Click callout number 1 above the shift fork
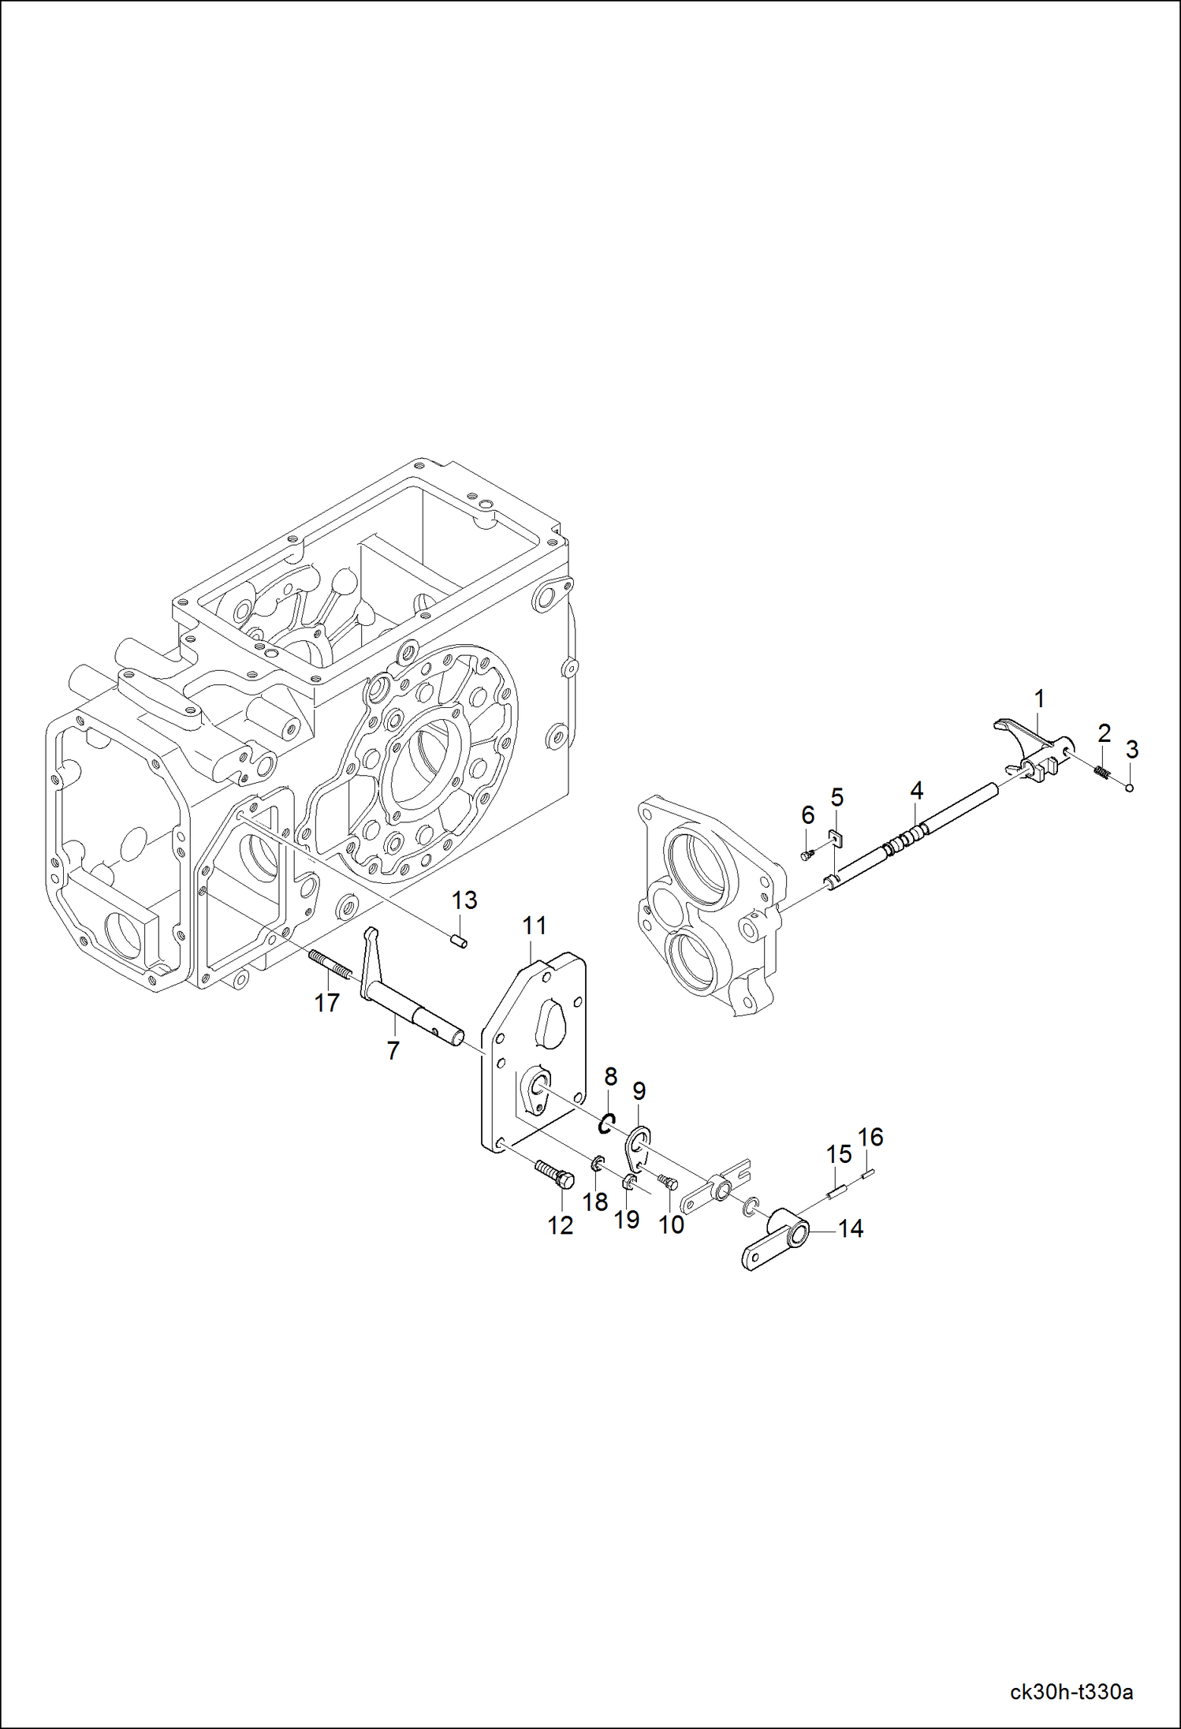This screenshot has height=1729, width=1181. click(1039, 699)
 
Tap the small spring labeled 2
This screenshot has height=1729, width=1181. click(1102, 771)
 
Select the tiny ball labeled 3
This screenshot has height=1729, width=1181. click(1129, 787)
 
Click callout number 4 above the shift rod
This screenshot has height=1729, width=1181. click(916, 790)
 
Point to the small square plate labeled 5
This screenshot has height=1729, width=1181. click(836, 837)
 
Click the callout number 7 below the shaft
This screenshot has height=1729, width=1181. click(393, 1050)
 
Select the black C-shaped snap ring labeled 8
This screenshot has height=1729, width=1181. click(605, 1123)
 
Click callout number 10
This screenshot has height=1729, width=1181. click(672, 1224)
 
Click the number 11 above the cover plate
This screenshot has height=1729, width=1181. click(535, 925)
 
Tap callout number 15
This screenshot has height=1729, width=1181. click(839, 1154)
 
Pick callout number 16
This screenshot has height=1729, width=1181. click(870, 1137)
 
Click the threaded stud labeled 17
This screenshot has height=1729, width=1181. click(330, 966)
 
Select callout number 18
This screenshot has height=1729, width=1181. click(595, 1202)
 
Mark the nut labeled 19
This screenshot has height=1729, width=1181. click(630, 1182)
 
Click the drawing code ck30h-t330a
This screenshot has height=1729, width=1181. click(1071, 1691)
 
